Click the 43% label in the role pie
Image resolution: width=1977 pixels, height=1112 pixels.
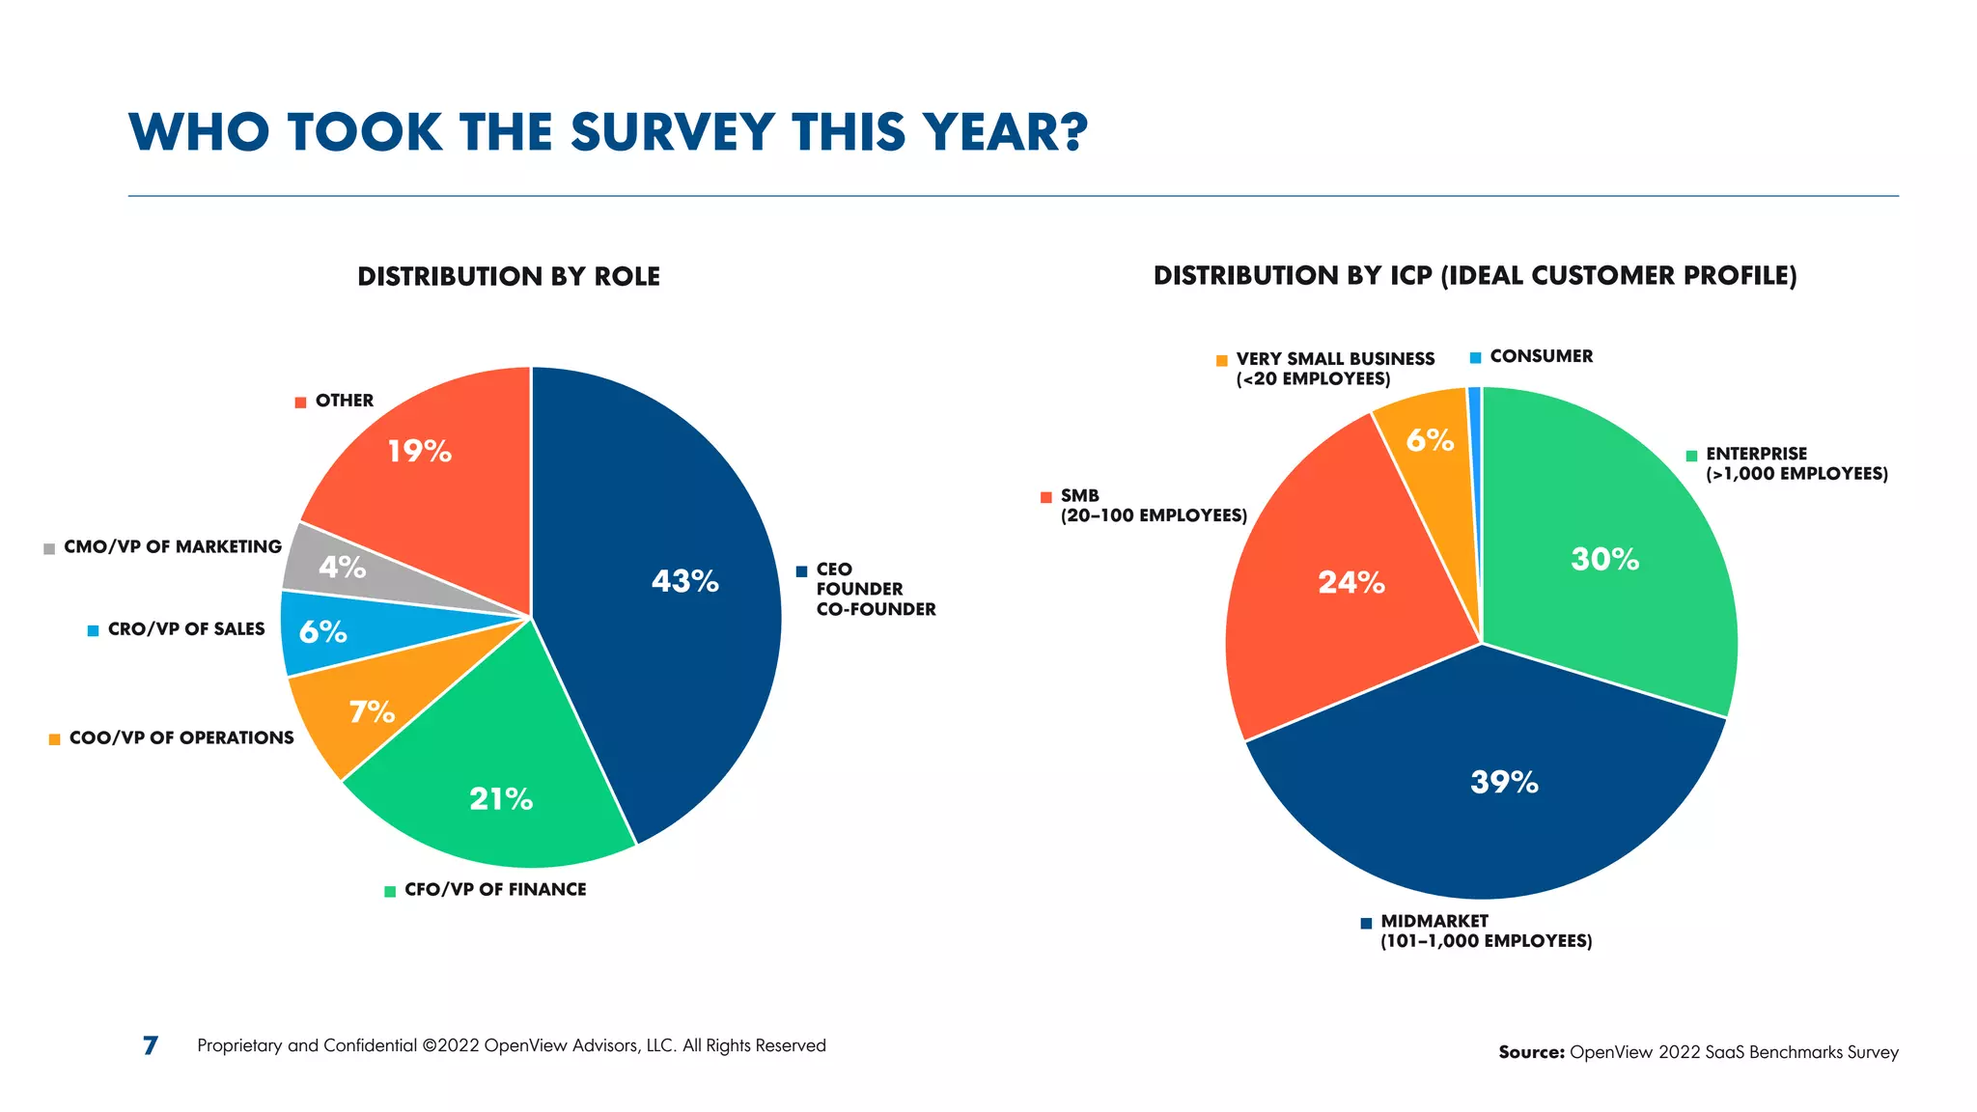click(684, 581)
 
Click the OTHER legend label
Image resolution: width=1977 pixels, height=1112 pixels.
click(344, 401)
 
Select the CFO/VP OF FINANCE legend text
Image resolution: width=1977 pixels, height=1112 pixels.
click(494, 889)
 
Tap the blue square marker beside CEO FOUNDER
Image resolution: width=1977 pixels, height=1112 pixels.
click(801, 571)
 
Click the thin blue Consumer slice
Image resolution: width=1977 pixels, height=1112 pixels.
click(1474, 434)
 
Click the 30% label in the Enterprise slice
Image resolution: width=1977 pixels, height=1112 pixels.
click(1604, 559)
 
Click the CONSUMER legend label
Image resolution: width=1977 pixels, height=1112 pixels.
click(1541, 356)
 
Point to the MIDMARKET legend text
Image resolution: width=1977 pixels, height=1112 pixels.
click(1434, 921)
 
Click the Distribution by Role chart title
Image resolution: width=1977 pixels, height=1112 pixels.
click(509, 277)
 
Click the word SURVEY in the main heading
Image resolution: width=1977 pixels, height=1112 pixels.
click(672, 132)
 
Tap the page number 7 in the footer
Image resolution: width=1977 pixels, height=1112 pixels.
click(151, 1045)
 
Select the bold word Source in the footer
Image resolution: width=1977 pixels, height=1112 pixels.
click(1530, 1052)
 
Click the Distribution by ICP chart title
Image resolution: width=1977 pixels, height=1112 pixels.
click(1474, 276)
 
